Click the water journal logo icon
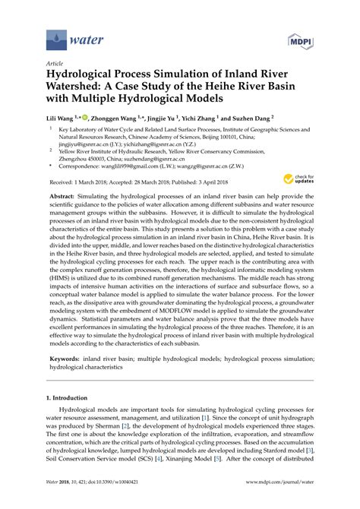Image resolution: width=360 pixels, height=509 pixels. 55,35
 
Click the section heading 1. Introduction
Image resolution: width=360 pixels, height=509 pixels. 69,439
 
